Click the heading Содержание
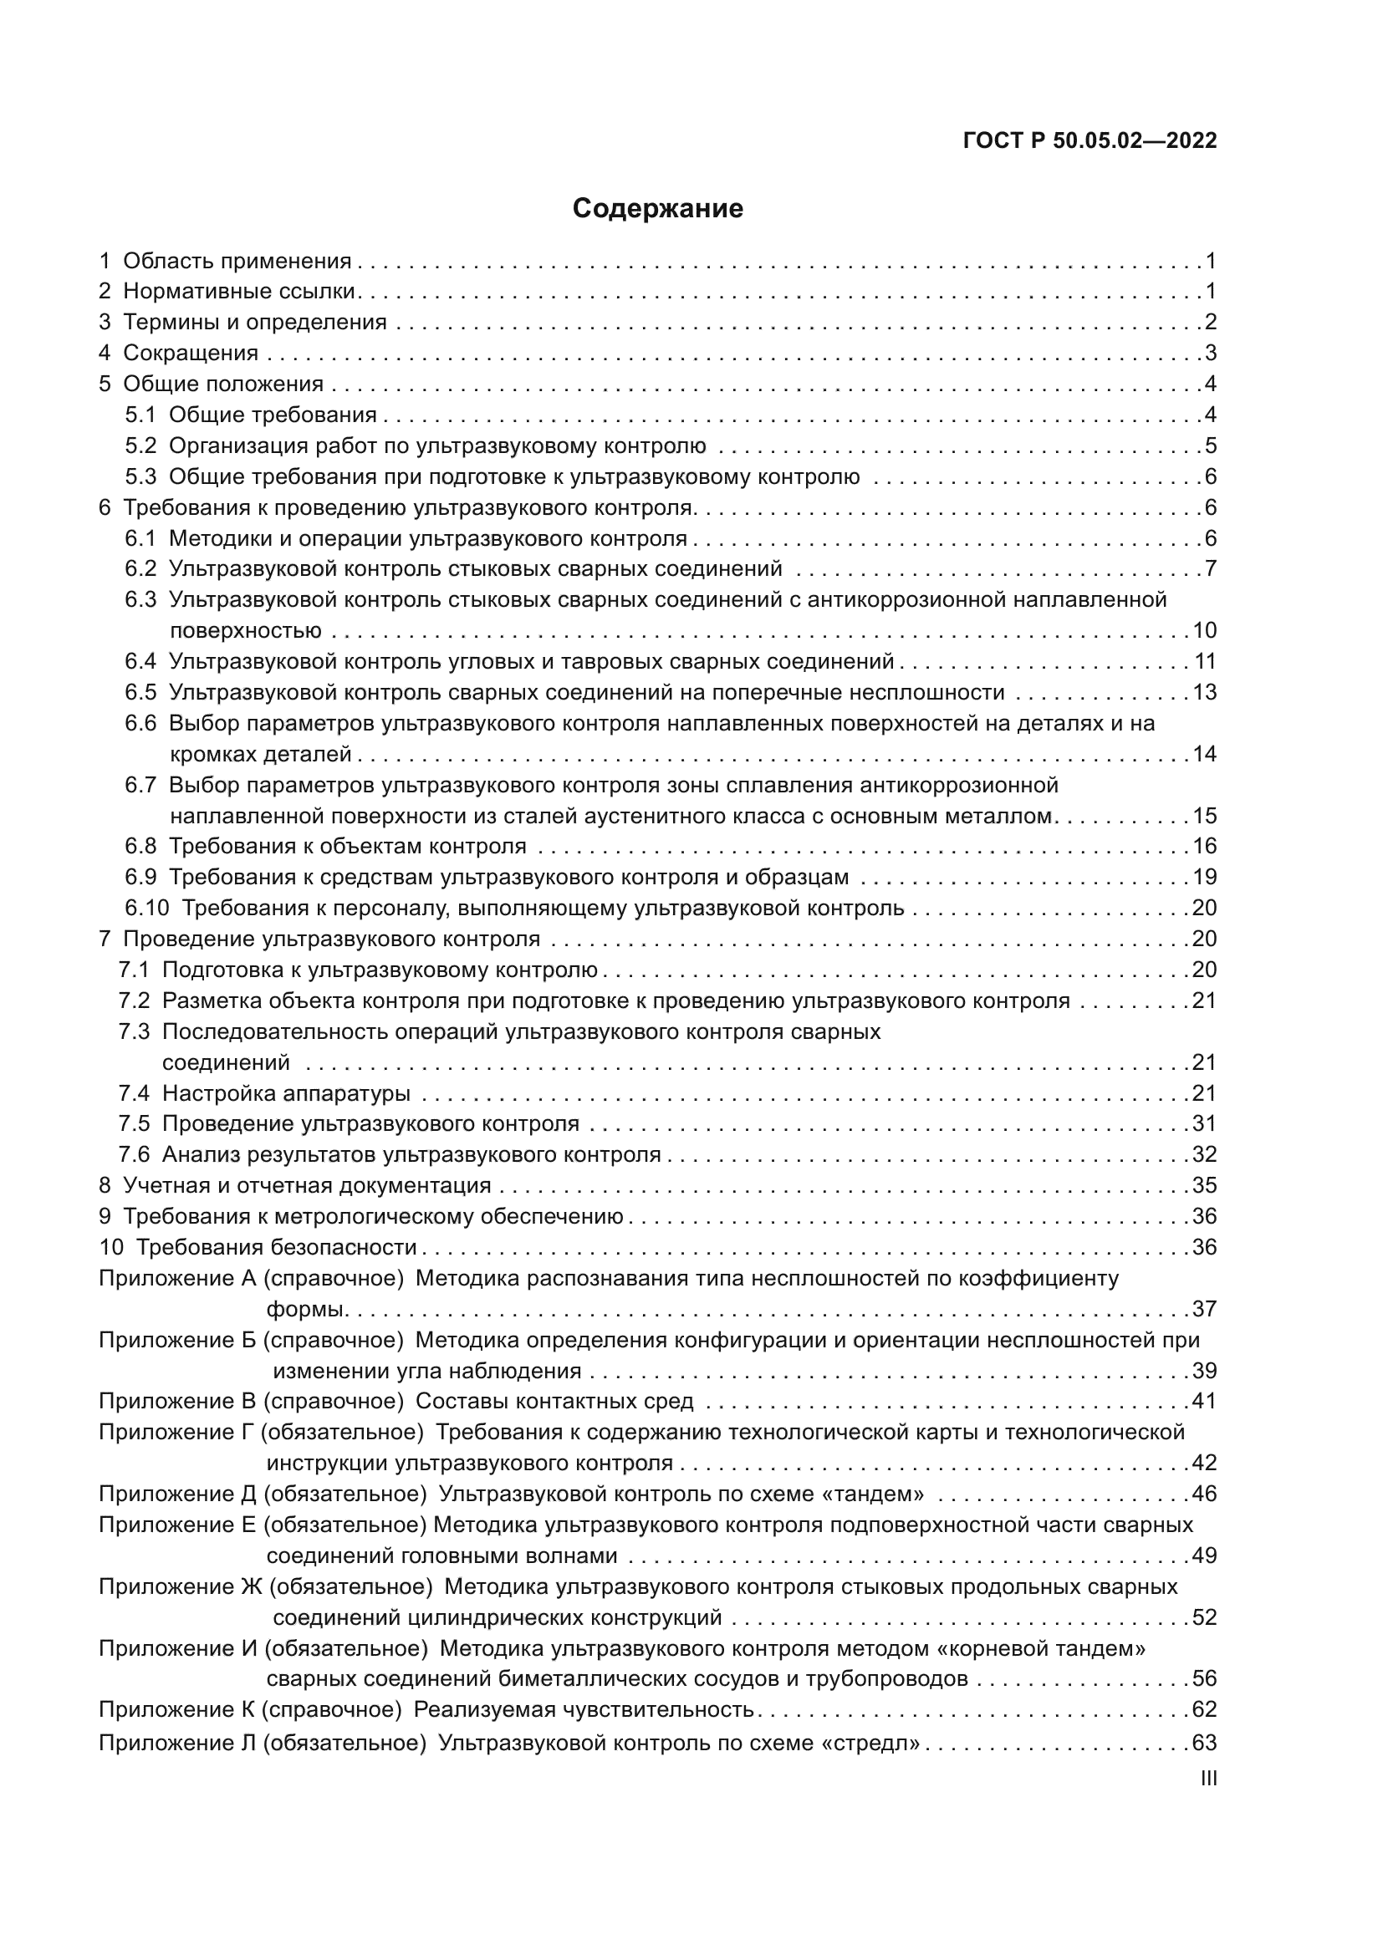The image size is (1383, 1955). point(657,209)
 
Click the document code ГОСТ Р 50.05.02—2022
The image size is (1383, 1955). point(1090,140)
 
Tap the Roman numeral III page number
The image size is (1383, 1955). point(1207,1778)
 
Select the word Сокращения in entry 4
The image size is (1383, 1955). point(191,353)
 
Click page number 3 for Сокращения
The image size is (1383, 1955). point(1210,353)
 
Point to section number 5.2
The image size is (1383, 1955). point(140,445)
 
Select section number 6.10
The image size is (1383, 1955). point(146,908)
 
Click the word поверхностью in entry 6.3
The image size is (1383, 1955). point(245,631)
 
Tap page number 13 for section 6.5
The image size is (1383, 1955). point(1204,691)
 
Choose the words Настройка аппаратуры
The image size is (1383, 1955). point(286,1092)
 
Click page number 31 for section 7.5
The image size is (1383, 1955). point(1204,1123)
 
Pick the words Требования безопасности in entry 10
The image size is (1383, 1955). point(276,1246)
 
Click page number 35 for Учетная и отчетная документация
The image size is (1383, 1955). point(1204,1185)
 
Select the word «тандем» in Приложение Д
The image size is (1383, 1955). point(882,1494)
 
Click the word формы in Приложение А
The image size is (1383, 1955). point(304,1309)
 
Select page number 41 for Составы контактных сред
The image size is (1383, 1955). point(1204,1401)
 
